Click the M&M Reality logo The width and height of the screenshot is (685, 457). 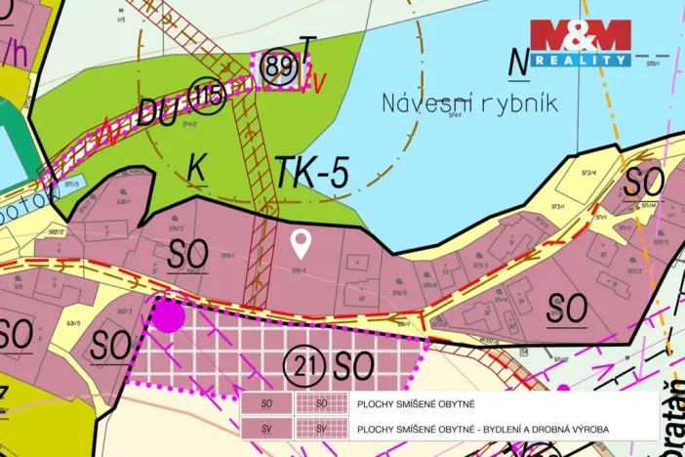(580, 43)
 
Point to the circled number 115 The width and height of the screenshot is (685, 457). (209, 95)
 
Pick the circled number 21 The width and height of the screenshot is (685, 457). (303, 366)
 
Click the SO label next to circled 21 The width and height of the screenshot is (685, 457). (353, 366)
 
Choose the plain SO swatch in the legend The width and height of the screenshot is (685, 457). (266, 403)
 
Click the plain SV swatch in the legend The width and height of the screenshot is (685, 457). (266, 429)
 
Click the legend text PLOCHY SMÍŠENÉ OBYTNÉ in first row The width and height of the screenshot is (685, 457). (421, 403)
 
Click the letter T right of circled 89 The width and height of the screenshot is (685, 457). (307, 47)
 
